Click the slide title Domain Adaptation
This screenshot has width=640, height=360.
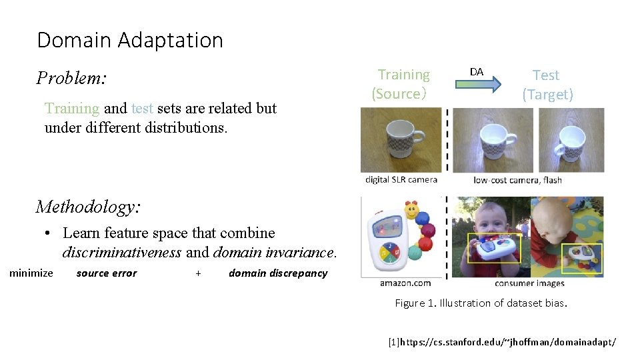[x=130, y=41]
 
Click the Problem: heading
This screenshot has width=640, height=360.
[x=71, y=79]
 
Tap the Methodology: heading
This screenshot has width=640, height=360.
[x=88, y=207]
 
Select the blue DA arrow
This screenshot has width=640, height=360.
[x=477, y=84]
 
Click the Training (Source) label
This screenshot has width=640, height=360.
[x=401, y=84]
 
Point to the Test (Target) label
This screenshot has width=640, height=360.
[x=547, y=85]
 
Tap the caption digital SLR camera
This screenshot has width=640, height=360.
[x=401, y=179]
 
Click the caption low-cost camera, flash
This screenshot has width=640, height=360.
[x=517, y=179]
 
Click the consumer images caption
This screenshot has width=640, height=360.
[x=529, y=283]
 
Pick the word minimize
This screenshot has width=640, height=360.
[x=31, y=273]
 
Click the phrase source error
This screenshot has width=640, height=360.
[x=107, y=273]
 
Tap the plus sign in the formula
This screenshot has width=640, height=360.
[x=198, y=273]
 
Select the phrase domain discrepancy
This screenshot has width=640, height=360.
[x=278, y=273]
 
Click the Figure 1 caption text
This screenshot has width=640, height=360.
[x=481, y=303]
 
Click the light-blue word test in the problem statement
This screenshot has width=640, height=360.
[x=143, y=108]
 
